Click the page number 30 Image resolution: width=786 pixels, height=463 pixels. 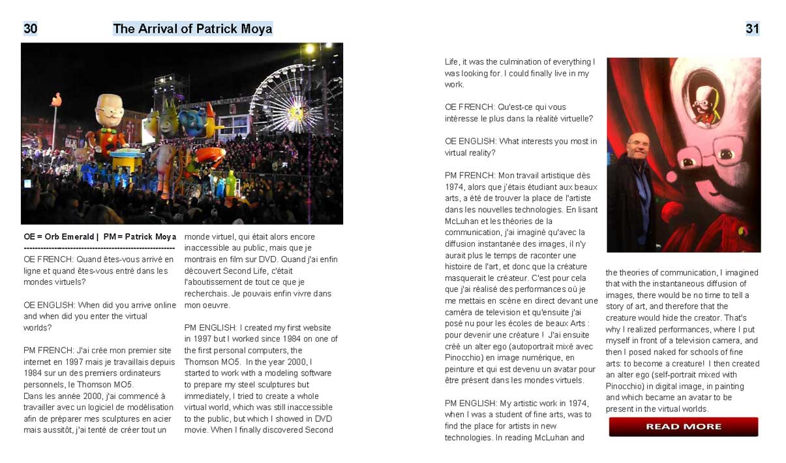30,29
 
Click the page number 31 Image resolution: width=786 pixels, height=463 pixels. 752,29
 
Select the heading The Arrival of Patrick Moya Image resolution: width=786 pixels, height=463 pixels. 192,29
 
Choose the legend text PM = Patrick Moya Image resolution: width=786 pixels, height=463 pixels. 140,237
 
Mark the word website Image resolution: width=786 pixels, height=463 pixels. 315,328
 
